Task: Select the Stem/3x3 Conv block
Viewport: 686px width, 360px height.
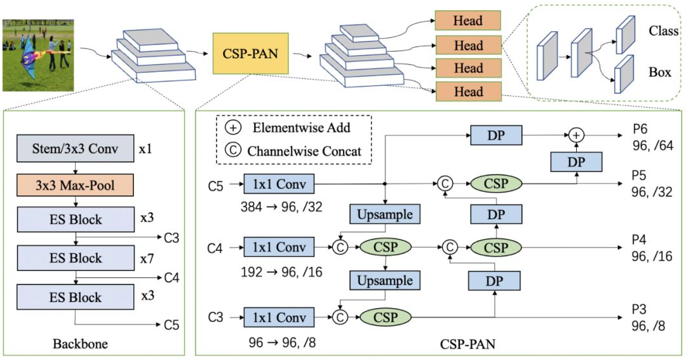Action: coord(76,150)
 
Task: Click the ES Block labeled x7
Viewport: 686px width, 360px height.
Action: coord(76,258)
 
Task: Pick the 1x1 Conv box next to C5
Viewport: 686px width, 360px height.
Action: coord(278,185)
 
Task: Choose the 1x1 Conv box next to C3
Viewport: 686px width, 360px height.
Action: coord(278,316)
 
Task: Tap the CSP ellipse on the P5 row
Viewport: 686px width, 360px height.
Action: coord(496,184)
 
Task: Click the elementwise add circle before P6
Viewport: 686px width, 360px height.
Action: coord(576,135)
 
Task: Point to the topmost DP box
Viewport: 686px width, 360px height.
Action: coord(496,135)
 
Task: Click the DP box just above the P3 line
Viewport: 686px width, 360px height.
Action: coord(494,280)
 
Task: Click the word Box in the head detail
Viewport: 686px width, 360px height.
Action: coord(659,72)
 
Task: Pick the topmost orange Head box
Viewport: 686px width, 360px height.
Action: coord(468,20)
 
